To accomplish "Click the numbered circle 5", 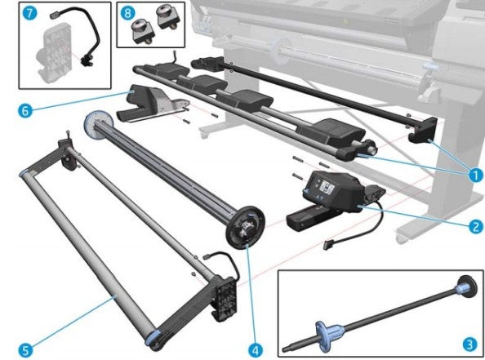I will coord(27,349).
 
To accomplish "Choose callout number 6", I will coord(27,109).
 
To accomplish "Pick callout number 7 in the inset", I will coord(29,15).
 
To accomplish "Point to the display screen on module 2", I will coord(324,187).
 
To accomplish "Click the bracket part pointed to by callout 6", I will coord(151,102).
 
